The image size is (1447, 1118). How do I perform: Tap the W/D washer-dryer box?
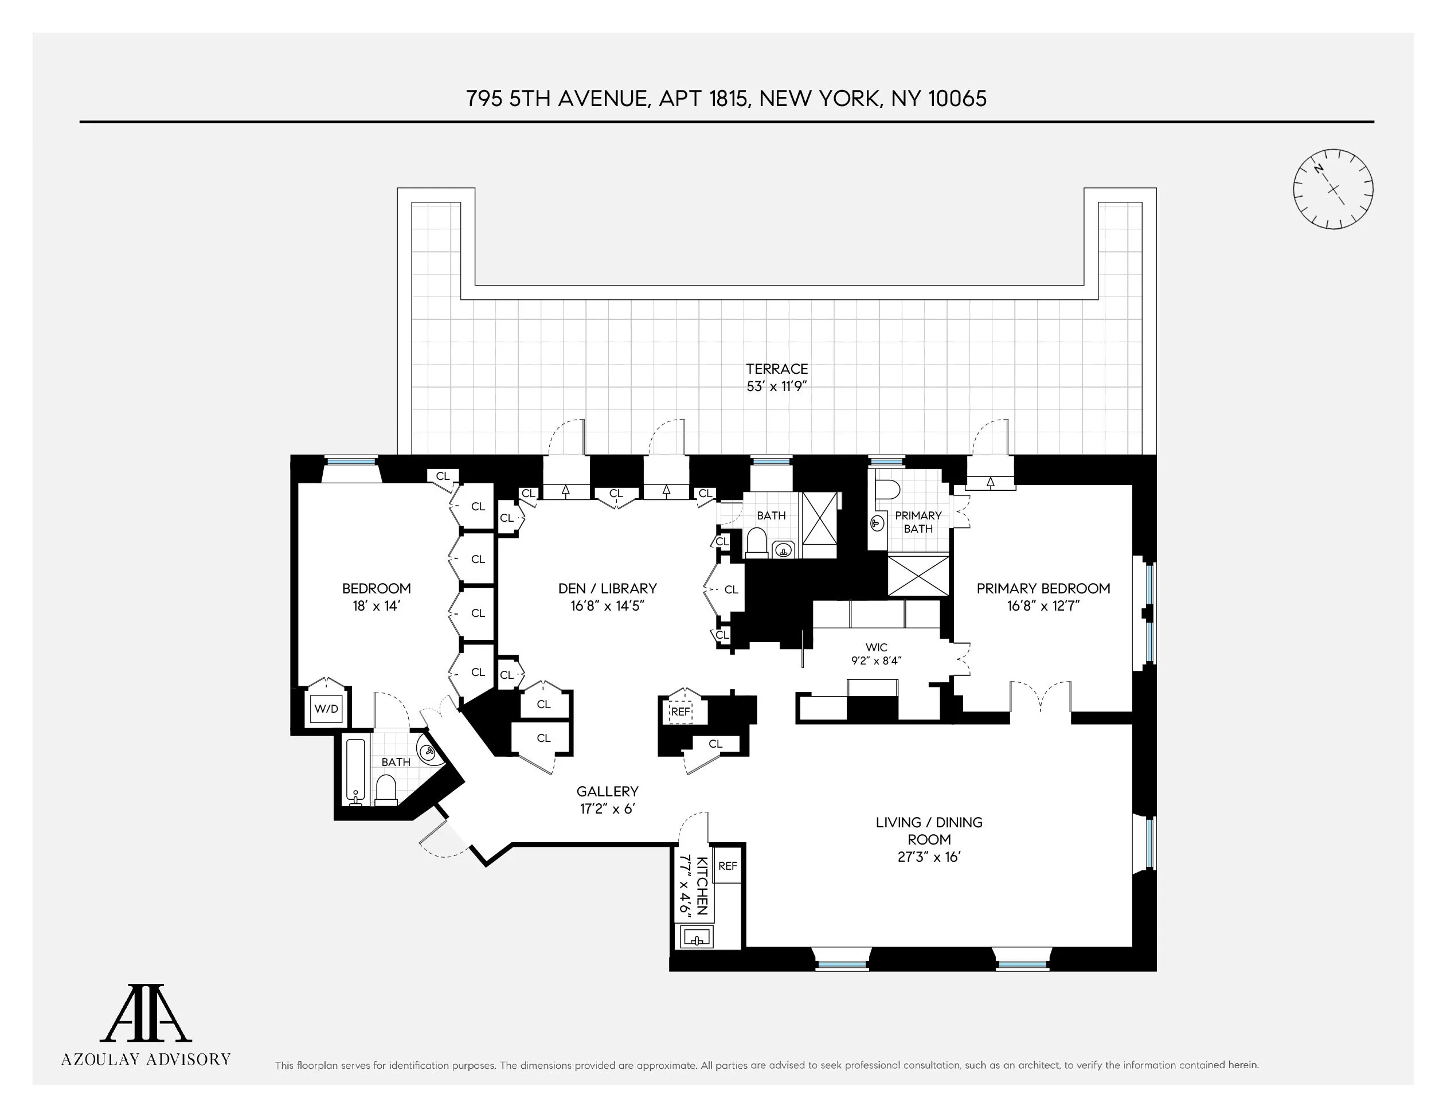[x=326, y=709]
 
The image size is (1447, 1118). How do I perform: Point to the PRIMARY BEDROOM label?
[x=1043, y=588]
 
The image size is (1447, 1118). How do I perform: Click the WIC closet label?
[x=876, y=647]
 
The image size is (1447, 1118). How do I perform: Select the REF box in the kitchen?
[x=728, y=866]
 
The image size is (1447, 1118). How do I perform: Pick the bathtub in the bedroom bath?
[x=355, y=771]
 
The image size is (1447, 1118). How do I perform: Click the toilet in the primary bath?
[x=886, y=490]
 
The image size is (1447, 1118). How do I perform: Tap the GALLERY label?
[x=607, y=791]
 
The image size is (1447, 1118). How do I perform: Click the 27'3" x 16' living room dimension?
[x=929, y=857]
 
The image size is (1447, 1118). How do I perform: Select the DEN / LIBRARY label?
[x=607, y=588]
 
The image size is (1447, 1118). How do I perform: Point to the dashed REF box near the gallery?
[x=681, y=712]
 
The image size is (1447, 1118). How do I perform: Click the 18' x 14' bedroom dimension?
[x=376, y=605]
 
